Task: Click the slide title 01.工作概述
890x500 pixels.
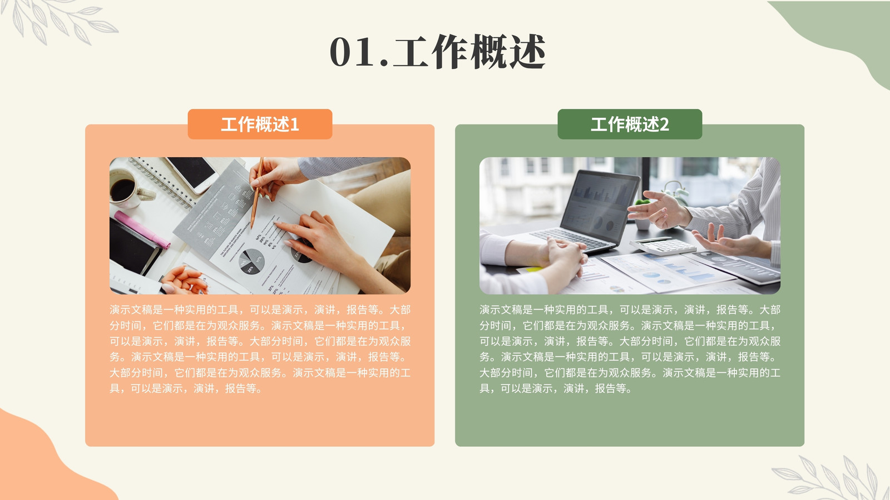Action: point(437,52)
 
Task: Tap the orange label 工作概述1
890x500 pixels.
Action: point(260,124)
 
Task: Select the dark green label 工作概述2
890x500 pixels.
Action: point(630,124)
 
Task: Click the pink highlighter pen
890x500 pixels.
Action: point(142,229)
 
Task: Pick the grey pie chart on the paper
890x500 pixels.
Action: point(251,261)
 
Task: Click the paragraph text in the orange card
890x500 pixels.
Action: point(260,349)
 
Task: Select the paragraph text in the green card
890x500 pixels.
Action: point(630,349)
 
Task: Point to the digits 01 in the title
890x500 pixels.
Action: point(352,52)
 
